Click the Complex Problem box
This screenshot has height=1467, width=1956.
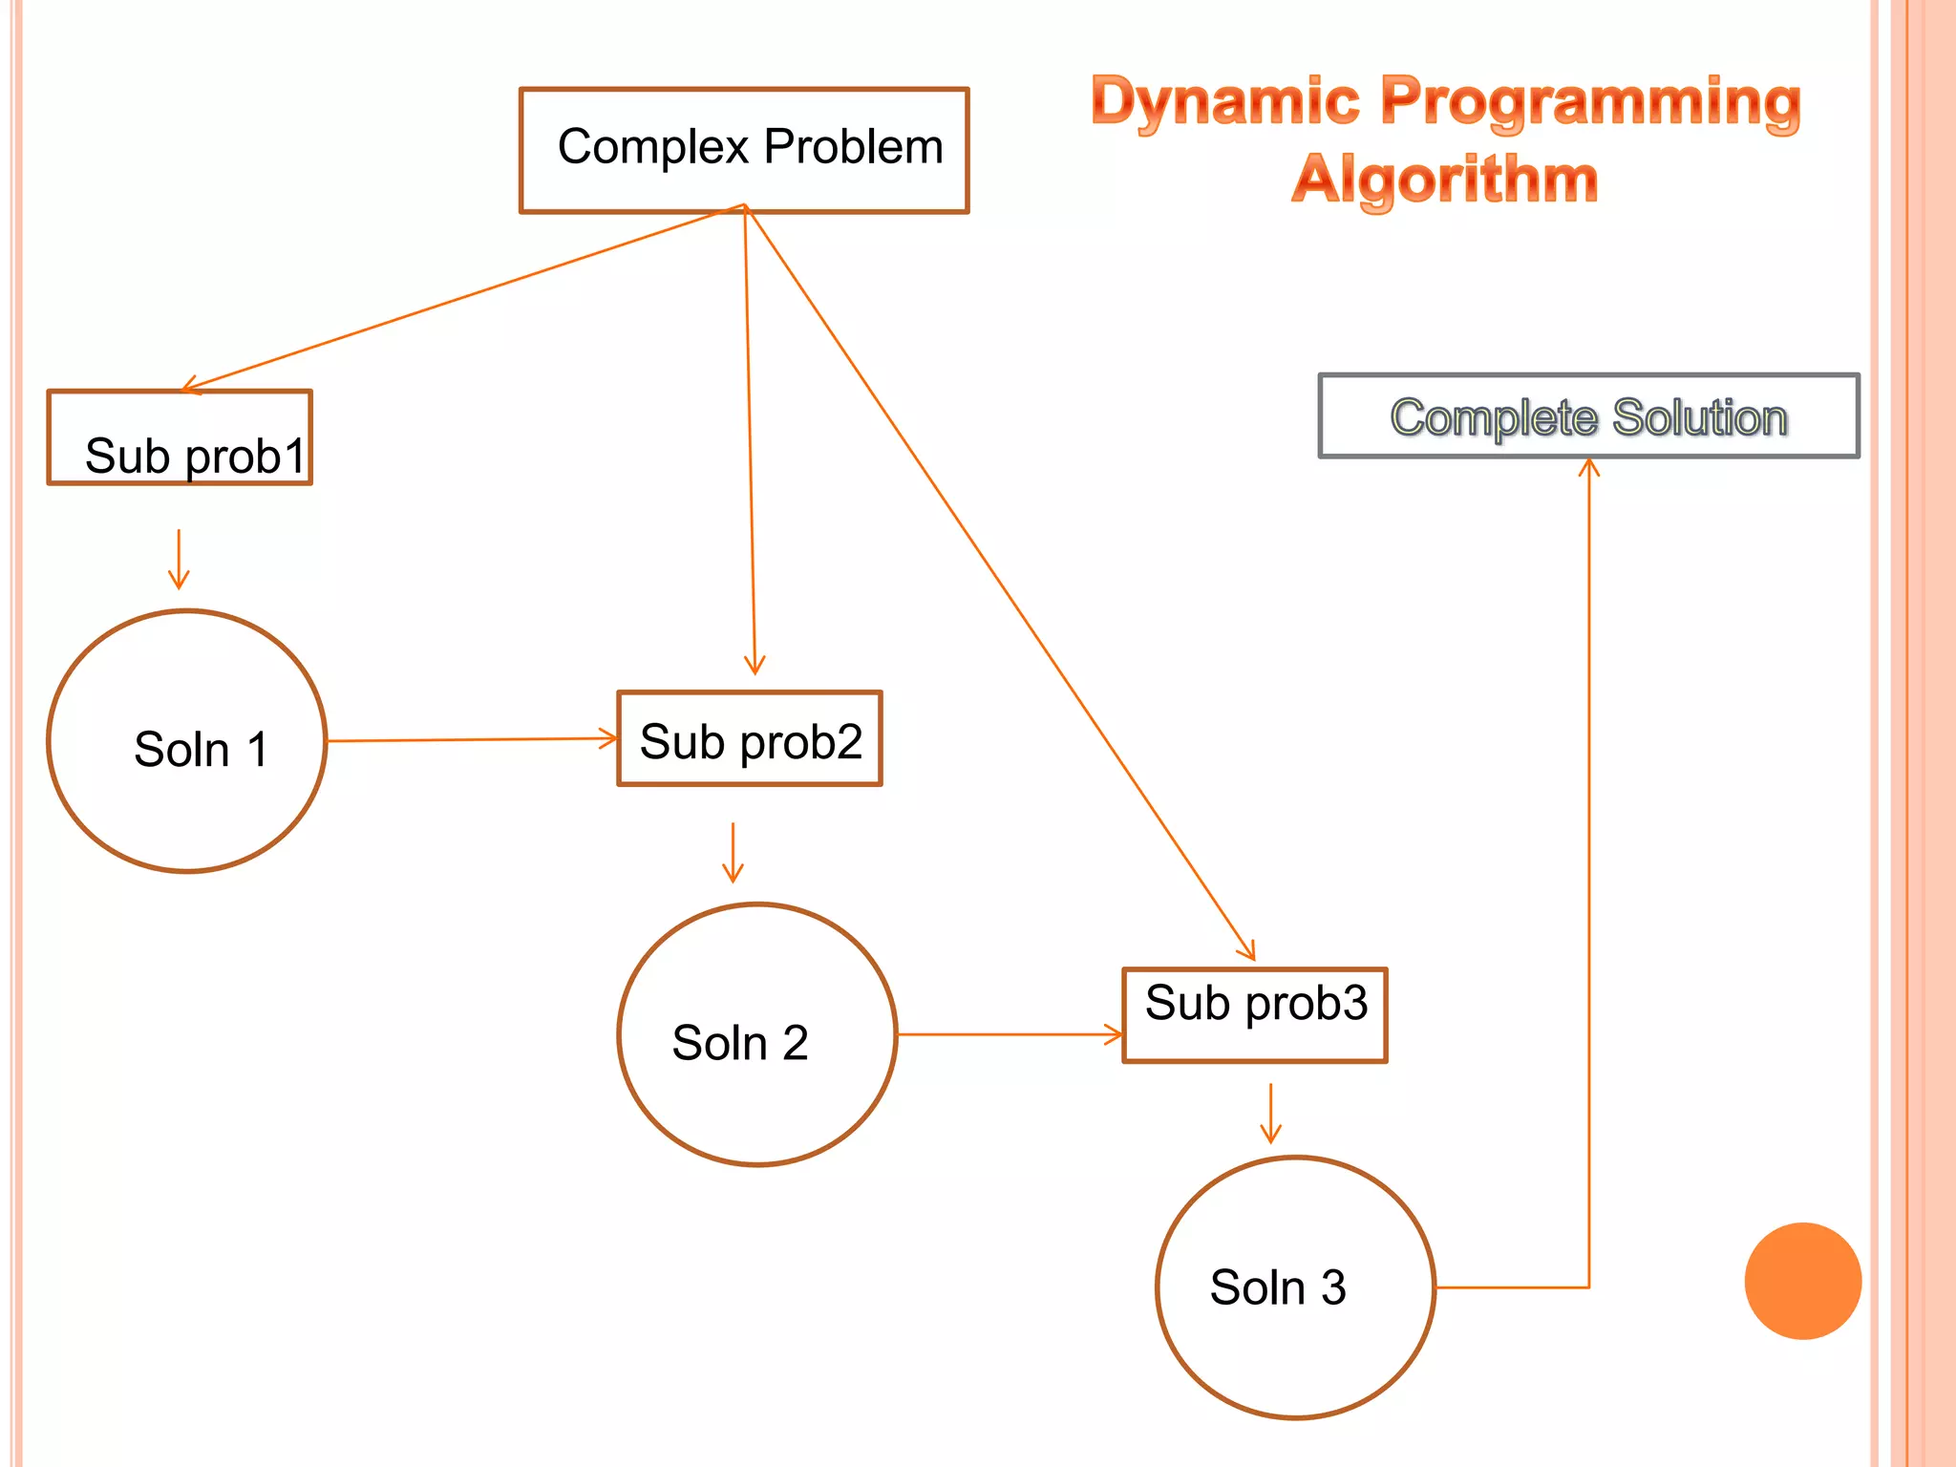coord(744,150)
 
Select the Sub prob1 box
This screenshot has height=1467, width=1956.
coord(180,437)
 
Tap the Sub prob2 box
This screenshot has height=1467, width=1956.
coord(750,738)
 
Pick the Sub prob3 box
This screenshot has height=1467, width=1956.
coord(1254,1014)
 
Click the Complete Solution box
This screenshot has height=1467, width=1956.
coord(1588,416)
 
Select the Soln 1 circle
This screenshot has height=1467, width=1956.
coord(187,741)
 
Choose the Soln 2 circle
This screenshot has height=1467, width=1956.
coord(756,1034)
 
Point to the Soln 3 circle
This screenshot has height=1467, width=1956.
coord(1295,1287)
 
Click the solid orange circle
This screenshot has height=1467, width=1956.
coord(1802,1281)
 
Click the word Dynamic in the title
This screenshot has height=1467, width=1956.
coord(1225,101)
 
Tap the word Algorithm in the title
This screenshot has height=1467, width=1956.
coord(1444,180)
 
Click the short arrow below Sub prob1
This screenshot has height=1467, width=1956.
coord(179,560)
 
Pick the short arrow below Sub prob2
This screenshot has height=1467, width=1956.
coord(733,853)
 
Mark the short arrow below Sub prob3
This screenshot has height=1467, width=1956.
coord(1270,1114)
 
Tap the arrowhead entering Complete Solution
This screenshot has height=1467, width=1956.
coord(1588,467)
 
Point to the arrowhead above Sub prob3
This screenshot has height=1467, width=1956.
coord(1248,951)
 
